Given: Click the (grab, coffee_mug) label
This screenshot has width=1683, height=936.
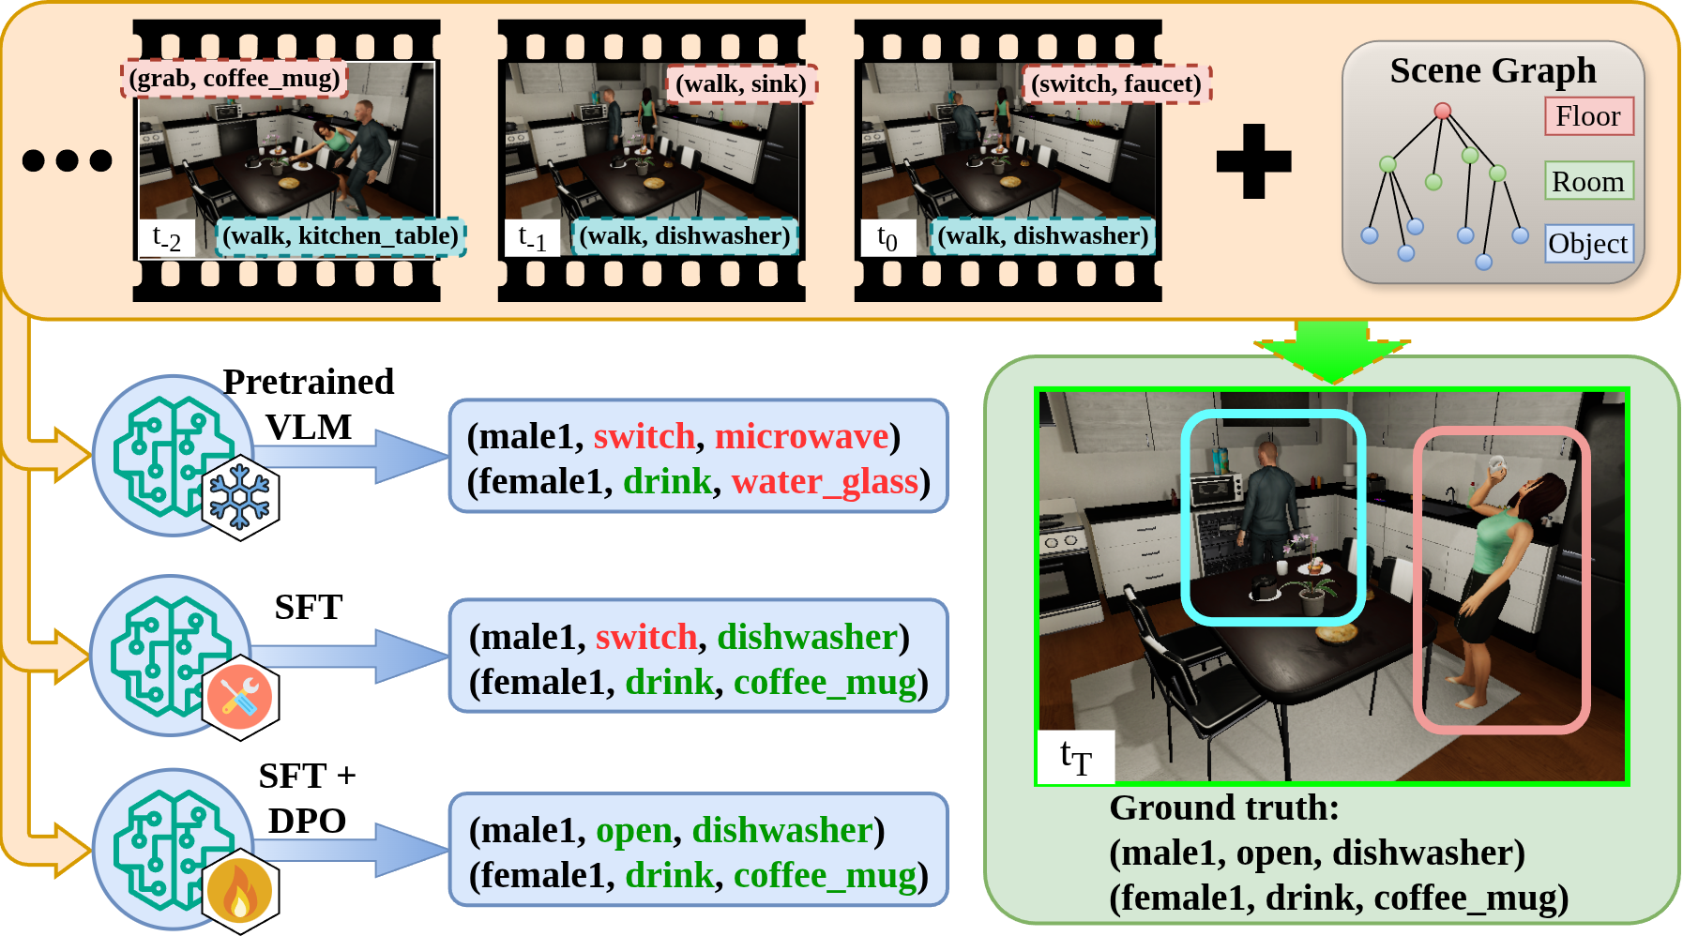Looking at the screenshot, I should [235, 79].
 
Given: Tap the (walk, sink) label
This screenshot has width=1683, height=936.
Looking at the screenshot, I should [741, 84].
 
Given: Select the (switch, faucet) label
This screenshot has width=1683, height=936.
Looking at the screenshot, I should [1116, 84].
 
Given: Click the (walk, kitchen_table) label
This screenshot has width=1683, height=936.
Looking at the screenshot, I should [341, 236].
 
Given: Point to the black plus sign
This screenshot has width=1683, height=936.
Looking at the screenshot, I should [1253, 161].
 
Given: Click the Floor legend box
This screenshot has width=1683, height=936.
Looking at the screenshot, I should [1588, 116].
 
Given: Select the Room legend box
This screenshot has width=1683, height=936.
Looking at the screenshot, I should [1588, 181].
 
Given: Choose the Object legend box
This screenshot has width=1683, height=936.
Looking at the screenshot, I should [1588, 244].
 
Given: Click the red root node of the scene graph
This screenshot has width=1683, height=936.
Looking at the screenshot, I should [1443, 112].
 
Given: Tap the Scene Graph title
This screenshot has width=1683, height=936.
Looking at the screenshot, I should [1493, 70].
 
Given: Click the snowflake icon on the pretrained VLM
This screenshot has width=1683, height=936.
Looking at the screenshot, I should [240, 498].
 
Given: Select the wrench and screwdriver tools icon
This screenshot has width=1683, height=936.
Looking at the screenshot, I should [240, 698].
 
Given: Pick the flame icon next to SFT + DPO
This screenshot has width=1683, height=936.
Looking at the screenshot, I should [240, 892].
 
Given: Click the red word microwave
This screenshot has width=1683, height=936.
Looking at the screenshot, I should [801, 437].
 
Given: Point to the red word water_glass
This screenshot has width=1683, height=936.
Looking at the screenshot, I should [825, 482].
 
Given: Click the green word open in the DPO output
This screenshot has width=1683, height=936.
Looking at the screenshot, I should [634, 831].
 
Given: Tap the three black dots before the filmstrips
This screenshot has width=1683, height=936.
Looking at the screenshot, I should [67, 160].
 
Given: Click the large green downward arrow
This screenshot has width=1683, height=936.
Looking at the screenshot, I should [1332, 351].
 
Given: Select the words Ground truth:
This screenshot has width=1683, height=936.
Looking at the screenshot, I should [1224, 808].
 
